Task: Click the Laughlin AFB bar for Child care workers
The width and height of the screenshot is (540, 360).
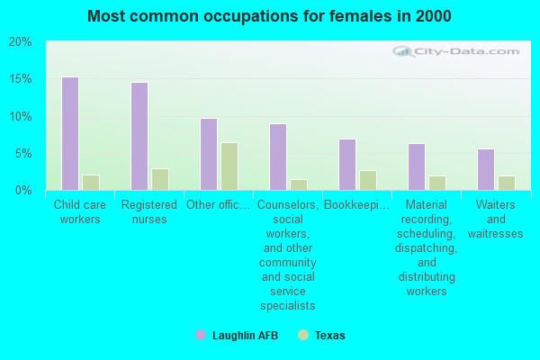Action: pos(69,133)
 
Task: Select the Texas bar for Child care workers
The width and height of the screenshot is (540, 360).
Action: pos(90,182)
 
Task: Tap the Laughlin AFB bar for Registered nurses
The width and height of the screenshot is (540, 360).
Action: pos(139,136)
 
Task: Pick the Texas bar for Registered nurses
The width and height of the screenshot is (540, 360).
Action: pos(159,179)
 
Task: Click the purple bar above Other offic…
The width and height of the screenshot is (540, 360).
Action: pos(208,154)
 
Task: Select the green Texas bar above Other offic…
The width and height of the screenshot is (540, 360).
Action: pos(229,166)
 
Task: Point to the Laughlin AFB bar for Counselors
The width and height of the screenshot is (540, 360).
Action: pos(277,157)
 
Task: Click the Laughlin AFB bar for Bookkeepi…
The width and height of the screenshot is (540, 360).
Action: pos(346,164)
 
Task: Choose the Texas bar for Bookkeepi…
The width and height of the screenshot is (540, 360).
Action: pos(367,180)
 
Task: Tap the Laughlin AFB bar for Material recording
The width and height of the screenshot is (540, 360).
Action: pos(416,166)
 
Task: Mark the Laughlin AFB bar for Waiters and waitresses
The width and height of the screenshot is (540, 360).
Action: pos(485,169)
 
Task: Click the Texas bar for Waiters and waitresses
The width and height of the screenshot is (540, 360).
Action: pos(506,183)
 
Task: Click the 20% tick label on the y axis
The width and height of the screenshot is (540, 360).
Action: pos(20,42)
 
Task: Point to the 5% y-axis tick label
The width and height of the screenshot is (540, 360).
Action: pos(22,153)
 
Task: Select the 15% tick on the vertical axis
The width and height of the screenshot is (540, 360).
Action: pos(20,79)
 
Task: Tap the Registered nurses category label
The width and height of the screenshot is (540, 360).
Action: pos(148,211)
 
